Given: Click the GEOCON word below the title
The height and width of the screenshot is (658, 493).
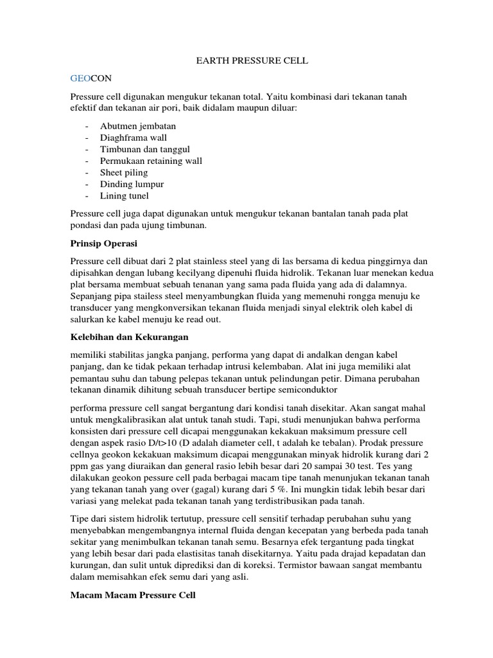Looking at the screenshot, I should [x=91, y=78].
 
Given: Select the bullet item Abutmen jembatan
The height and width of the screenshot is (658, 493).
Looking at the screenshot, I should [x=137, y=126].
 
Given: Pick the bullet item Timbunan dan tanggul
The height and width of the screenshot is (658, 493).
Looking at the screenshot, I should [x=145, y=149].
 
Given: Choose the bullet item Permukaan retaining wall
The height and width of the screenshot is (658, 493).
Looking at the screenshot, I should [x=151, y=161].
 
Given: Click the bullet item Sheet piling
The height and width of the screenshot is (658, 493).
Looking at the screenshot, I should [x=124, y=172].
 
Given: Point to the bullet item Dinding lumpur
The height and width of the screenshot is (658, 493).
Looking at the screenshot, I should [x=132, y=184].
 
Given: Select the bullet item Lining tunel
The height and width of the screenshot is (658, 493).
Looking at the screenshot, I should [x=125, y=196].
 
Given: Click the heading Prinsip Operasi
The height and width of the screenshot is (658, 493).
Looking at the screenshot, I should [x=103, y=244].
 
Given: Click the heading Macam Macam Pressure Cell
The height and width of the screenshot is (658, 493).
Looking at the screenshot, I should [x=133, y=596].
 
